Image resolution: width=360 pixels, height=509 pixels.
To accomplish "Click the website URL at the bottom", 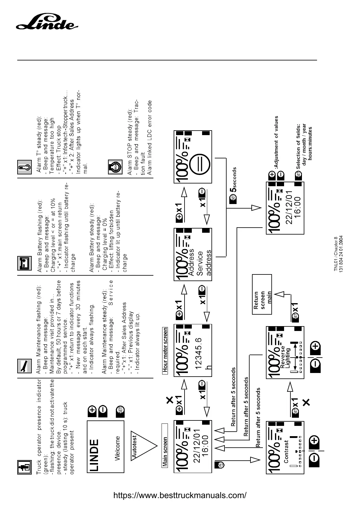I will (x=180, y=496).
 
